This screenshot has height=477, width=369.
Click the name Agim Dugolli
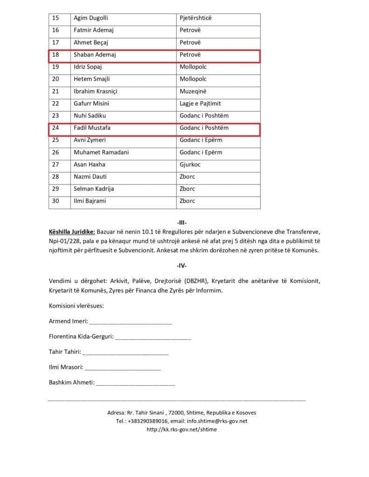point(91,18)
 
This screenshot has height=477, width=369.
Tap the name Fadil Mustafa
point(92,128)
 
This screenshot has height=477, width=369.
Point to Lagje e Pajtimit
point(200,103)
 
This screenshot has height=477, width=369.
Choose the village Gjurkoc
point(190,164)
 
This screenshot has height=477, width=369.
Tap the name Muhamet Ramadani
point(101,152)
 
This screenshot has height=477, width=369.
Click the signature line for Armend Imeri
point(131,321)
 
